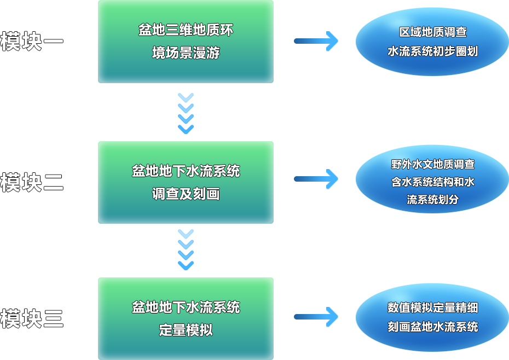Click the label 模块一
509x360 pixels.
tap(31, 42)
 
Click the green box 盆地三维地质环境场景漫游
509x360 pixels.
tap(185, 42)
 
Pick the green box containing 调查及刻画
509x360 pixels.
tap(185, 182)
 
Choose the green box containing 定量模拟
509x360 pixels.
tap(185, 318)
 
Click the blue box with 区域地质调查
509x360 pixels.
tap(432, 42)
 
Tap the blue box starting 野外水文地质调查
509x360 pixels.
tap(432, 179)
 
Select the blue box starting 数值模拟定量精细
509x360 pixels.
tap(432, 317)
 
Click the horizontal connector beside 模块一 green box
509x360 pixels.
tap(316, 42)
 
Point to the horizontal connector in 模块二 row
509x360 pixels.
tap(316, 179)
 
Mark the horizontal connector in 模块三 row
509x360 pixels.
tap(316, 317)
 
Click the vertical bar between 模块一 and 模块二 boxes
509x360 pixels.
tap(186, 113)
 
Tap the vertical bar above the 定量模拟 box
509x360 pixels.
tap(186, 249)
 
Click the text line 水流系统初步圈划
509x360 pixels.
tap(432, 51)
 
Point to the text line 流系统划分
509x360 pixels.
tap(432, 199)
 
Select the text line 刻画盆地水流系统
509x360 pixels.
tap(432, 327)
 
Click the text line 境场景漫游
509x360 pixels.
tap(186, 53)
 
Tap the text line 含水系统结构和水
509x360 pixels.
tap(432, 182)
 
